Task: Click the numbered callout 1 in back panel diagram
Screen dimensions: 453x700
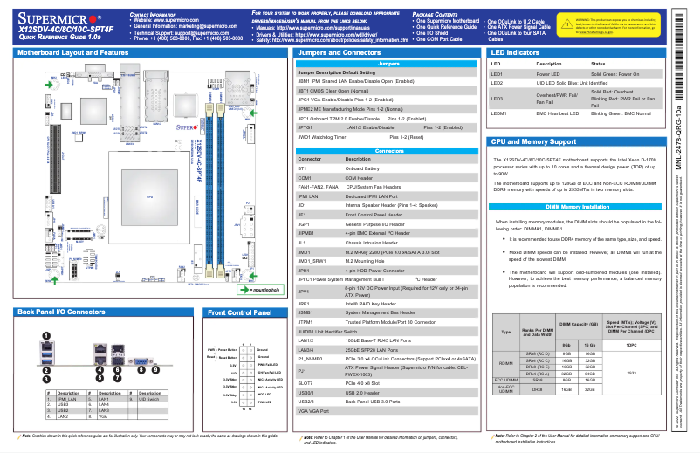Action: [x=45, y=336]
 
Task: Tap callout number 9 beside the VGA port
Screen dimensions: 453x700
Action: [x=155, y=368]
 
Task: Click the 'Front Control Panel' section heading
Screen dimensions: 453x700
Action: [x=241, y=312]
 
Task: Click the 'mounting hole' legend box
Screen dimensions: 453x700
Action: [x=258, y=287]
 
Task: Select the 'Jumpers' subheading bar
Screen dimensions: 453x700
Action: [x=389, y=64]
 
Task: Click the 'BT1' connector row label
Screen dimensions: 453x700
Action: [x=303, y=168]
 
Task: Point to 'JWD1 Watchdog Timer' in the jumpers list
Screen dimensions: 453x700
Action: [x=327, y=137]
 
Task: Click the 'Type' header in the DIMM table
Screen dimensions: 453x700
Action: [x=505, y=332]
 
